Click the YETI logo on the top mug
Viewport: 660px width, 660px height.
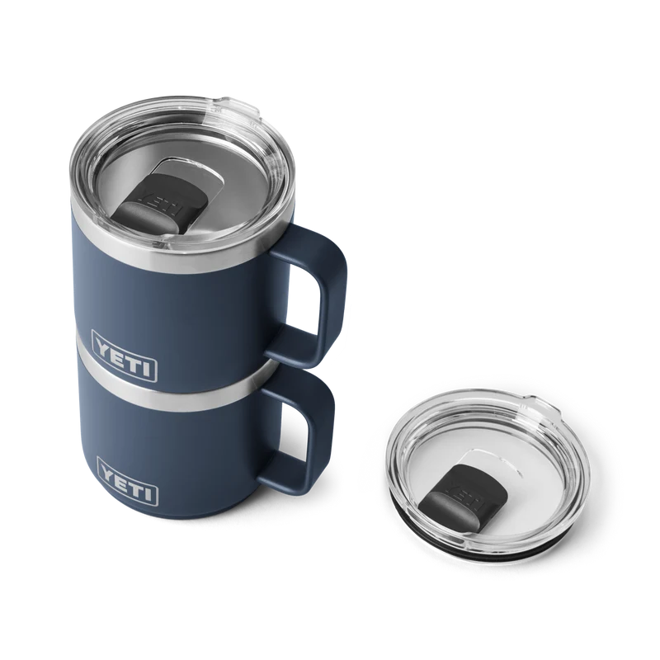[x=125, y=356]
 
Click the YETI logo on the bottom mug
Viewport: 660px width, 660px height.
[x=128, y=481]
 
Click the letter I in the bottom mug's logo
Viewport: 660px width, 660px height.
[x=148, y=493]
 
